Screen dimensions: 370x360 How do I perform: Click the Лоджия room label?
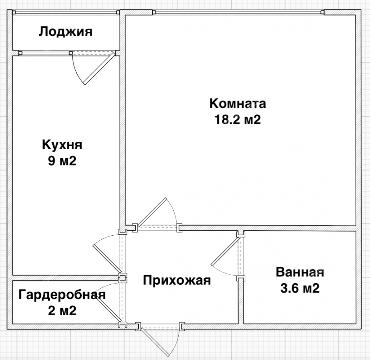click(x=66, y=32)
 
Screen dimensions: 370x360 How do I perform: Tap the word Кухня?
click(x=62, y=145)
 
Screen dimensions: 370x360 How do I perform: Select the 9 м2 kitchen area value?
click(x=62, y=161)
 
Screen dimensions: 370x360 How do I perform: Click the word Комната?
click(x=238, y=103)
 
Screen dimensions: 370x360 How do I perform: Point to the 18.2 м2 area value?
click(x=238, y=119)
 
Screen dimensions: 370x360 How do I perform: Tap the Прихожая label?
click(x=177, y=280)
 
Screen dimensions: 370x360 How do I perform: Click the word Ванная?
click(x=300, y=272)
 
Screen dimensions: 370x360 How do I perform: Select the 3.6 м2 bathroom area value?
click(x=300, y=288)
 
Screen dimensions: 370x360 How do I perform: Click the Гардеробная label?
click(x=62, y=295)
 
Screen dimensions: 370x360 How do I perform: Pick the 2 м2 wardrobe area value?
click(x=62, y=311)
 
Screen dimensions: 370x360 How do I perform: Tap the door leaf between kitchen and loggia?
click(x=99, y=69)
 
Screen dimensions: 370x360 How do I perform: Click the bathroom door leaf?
click(x=226, y=252)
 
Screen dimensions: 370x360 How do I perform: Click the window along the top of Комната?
click(x=239, y=12)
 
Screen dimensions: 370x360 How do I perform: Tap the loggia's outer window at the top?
click(x=66, y=12)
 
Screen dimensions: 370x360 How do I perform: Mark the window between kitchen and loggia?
click(x=45, y=53)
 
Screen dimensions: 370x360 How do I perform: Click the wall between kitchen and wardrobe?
click(x=65, y=278)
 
